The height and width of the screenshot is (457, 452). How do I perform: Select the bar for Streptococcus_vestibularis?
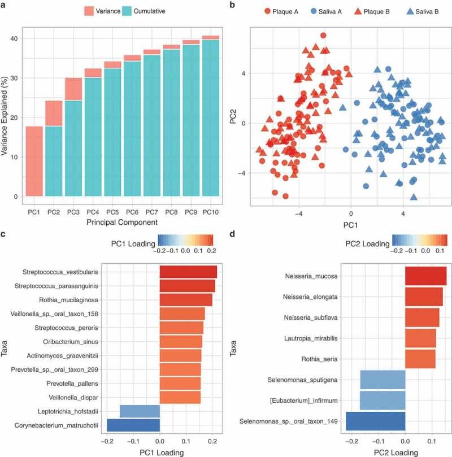[188, 272]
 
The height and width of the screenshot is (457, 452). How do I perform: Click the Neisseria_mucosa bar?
[425, 276]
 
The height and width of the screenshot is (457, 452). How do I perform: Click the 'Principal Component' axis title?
[123, 223]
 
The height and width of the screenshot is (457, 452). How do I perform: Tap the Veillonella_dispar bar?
[180, 391]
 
